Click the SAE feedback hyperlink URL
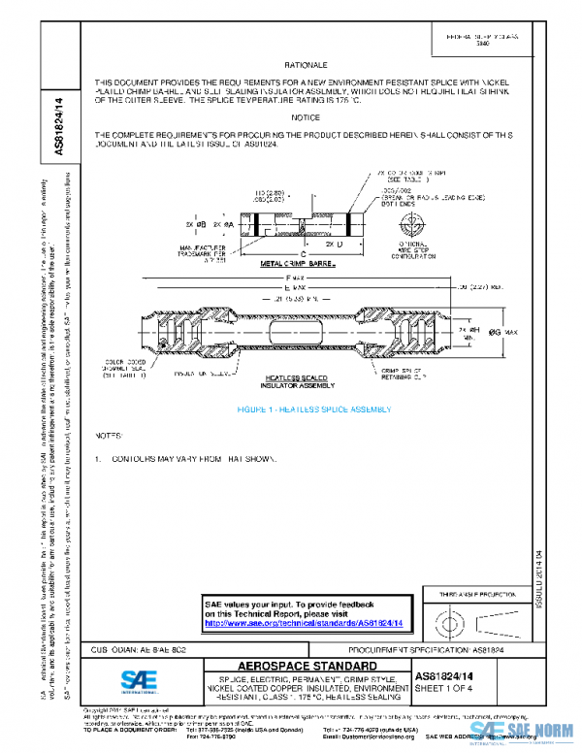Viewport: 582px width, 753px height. pos(305,623)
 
